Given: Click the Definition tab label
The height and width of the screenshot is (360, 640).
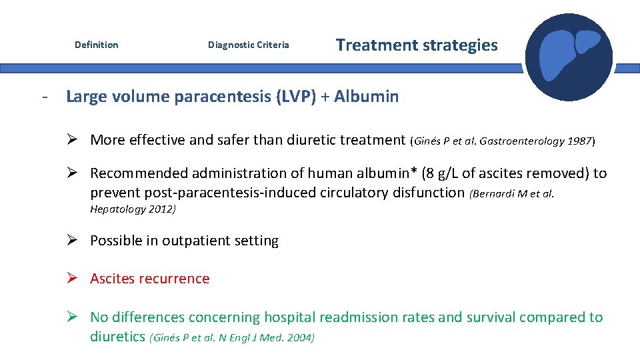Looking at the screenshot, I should [96, 45].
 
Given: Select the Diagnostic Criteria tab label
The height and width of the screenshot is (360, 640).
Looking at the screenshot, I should [248, 45].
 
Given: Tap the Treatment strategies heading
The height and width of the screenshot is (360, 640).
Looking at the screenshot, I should [417, 45].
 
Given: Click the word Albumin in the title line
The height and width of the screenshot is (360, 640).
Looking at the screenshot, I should [366, 97].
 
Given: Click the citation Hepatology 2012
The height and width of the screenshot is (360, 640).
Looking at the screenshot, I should [133, 209].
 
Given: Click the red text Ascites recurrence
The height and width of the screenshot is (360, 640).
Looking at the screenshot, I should [149, 279].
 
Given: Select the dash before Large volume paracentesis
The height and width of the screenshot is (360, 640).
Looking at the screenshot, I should [44, 97].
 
